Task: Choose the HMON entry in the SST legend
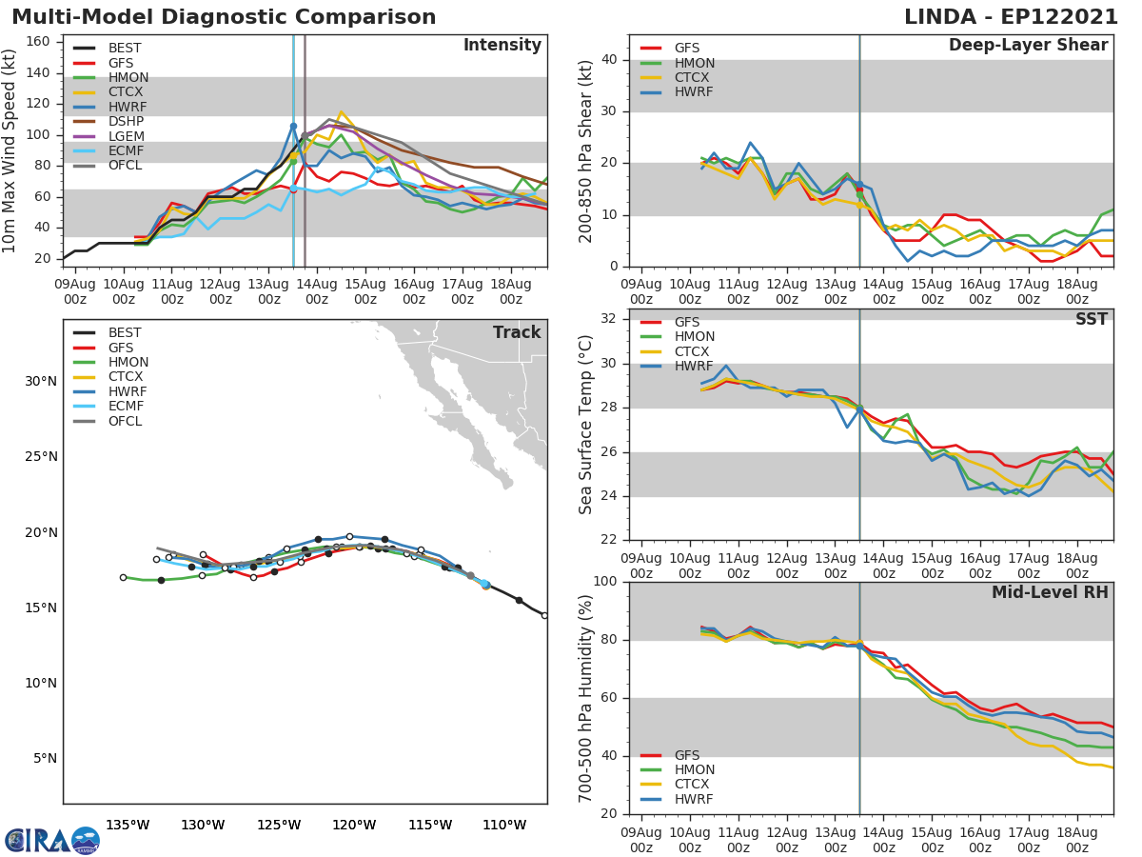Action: [x=694, y=337]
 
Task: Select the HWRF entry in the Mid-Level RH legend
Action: [x=694, y=800]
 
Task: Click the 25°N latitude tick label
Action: [x=41, y=457]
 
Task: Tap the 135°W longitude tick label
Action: [x=128, y=825]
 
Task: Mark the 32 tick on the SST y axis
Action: [x=609, y=319]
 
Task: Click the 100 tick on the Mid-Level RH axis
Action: [x=603, y=582]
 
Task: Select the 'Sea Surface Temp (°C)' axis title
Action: [x=586, y=425]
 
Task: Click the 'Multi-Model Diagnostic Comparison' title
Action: [x=224, y=17]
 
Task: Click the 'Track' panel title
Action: [x=517, y=332]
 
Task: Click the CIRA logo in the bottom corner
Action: [x=52, y=840]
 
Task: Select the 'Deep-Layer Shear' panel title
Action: [x=1028, y=46]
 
